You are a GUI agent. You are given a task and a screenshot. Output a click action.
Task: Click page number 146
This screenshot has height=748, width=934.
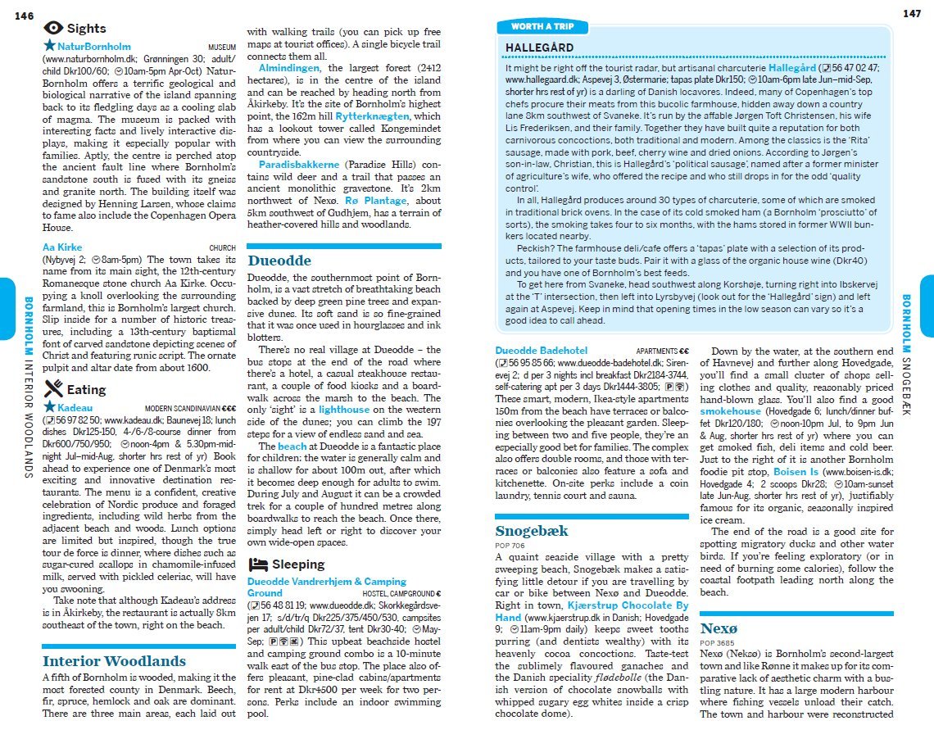[24, 16]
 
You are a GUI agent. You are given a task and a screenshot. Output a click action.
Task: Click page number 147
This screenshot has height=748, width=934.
[911, 13]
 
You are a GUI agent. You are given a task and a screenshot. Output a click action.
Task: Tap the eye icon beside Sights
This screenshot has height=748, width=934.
[52, 28]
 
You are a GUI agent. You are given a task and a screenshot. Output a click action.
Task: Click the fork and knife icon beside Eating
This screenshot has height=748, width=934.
[52, 388]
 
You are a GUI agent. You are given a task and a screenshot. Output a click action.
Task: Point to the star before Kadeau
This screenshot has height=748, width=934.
[49, 406]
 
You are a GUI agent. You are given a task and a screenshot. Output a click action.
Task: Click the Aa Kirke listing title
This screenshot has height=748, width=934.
[62, 247]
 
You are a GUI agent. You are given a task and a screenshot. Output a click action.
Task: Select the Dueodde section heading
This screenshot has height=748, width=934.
[279, 261]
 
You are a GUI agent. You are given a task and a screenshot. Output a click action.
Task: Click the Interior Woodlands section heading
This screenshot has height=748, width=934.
[114, 661]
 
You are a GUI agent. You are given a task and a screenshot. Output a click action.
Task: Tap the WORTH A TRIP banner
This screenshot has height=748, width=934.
[542, 27]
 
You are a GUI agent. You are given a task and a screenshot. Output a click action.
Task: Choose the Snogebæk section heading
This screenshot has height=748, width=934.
[531, 531]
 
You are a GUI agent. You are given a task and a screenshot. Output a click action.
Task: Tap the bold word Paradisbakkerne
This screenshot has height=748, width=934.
[299, 165]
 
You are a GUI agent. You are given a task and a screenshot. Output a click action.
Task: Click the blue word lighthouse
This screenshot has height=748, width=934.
[344, 409]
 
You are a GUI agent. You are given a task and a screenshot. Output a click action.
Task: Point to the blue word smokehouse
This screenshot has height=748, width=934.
[731, 411]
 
